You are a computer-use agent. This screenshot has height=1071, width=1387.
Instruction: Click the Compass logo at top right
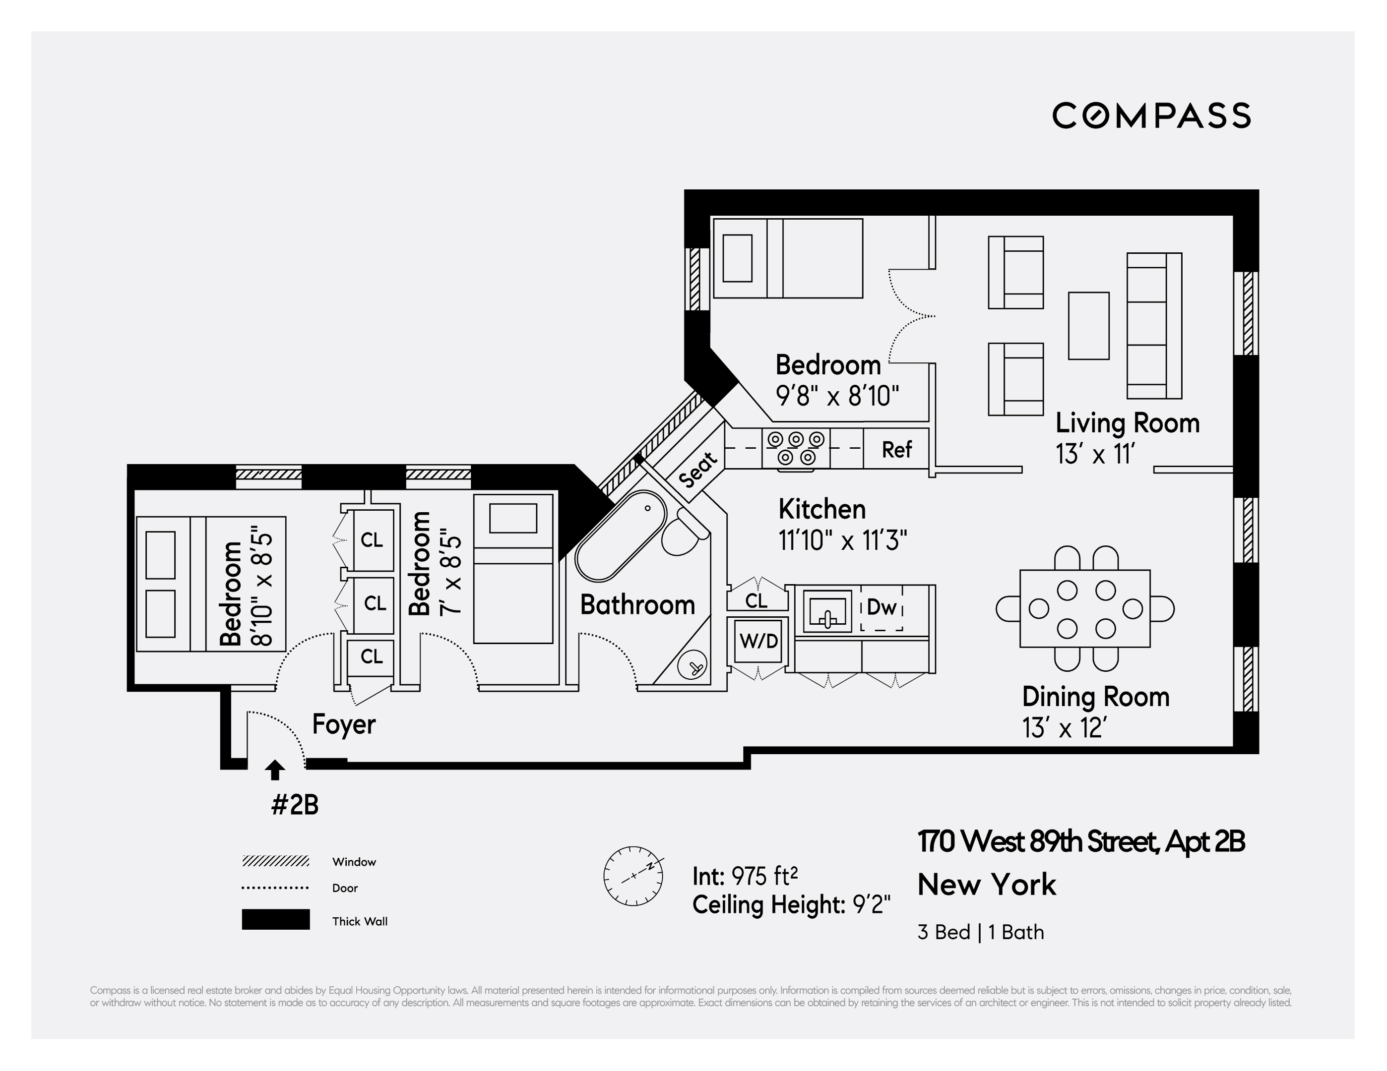(x=1151, y=116)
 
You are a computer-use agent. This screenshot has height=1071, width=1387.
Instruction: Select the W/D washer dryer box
(x=758, y=641)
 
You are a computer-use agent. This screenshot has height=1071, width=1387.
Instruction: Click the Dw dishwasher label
(x=882, y=607)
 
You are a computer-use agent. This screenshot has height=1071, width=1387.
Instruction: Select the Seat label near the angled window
(x=698, y=469)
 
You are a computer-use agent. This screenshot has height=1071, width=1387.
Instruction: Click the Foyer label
(x=344, y=724)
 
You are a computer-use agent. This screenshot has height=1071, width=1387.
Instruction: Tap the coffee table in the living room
(x=1088, y=326)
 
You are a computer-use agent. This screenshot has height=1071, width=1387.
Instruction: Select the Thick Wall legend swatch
(x=276, y=919)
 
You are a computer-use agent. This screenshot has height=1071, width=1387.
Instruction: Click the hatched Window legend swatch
(x=276, y=861)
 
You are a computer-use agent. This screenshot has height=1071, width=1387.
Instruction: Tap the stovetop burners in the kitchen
(x=796, y=448)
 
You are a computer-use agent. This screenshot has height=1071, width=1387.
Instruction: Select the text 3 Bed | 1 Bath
(x=981, y=932)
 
